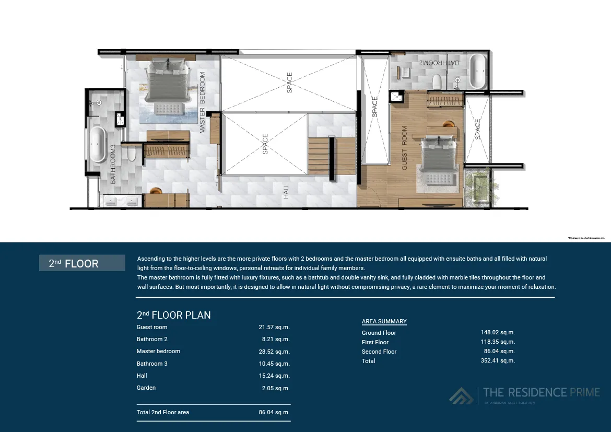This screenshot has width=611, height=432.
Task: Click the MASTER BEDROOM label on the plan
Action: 203,103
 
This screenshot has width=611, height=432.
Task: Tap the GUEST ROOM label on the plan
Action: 404,148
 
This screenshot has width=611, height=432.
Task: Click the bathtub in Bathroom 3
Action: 98,145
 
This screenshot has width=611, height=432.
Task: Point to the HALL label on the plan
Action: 286,191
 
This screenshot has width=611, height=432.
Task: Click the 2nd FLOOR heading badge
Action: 82,263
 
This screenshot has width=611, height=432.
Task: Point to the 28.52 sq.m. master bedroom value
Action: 274,352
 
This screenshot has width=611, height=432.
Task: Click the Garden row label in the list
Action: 146,388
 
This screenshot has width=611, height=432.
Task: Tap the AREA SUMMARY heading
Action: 384,321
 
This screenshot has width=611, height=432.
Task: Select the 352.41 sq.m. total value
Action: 498,361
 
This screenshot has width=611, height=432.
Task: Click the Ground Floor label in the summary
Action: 379,333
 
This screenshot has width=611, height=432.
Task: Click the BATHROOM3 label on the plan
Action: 113,164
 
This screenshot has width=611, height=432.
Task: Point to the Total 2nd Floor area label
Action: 163,412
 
